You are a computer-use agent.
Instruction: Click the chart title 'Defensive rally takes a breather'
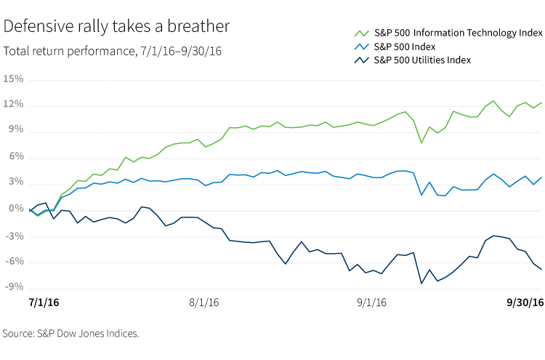[x=117, y=27]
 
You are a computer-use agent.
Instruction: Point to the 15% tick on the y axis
[x=13, y=79]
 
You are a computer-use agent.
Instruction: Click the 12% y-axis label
[x=13, y=105]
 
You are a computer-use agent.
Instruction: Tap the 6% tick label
[x=15, y=157]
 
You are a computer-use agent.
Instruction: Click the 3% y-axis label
[x=15, y=183]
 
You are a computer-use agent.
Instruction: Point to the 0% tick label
[x=15, y=209]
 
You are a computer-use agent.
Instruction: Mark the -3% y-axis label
[x=14, y=236]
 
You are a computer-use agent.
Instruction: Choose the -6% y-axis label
[x=14, y=262]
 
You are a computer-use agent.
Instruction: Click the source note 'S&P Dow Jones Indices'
[x=70, y=334]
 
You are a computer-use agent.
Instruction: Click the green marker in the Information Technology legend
[x=361, y=33]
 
